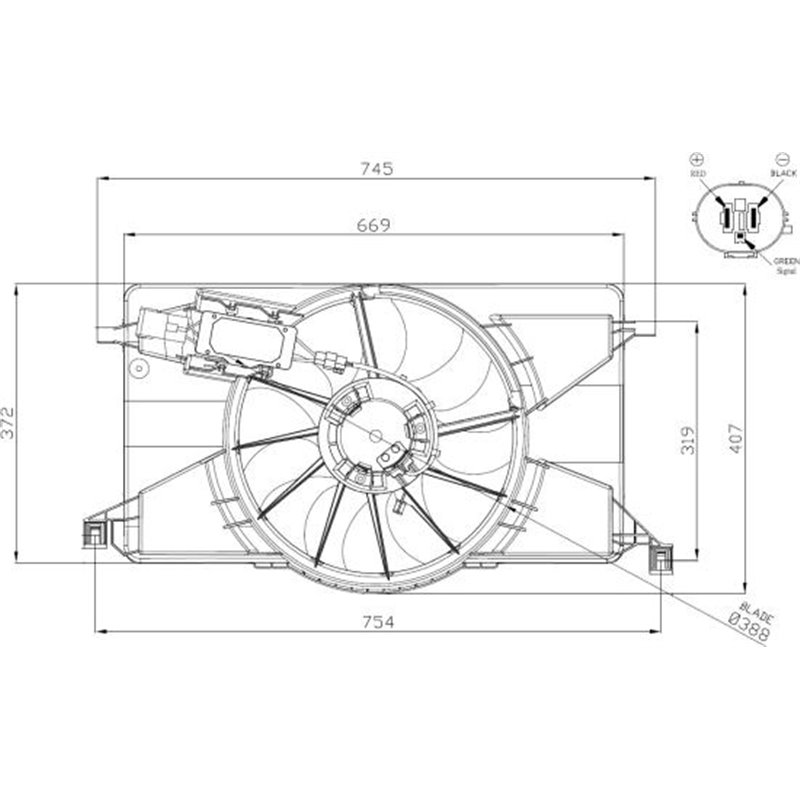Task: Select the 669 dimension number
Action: (x=371, y=225)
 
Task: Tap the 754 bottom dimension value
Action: (x=373, y=621)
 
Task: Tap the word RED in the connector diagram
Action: (x=698, y=174)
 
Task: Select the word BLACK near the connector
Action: (x=783, y=173)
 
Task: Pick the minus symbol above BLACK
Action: (x=783, y=158)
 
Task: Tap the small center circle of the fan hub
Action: (x=376, y=434)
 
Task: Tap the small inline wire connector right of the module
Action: (x=329, y=358)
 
